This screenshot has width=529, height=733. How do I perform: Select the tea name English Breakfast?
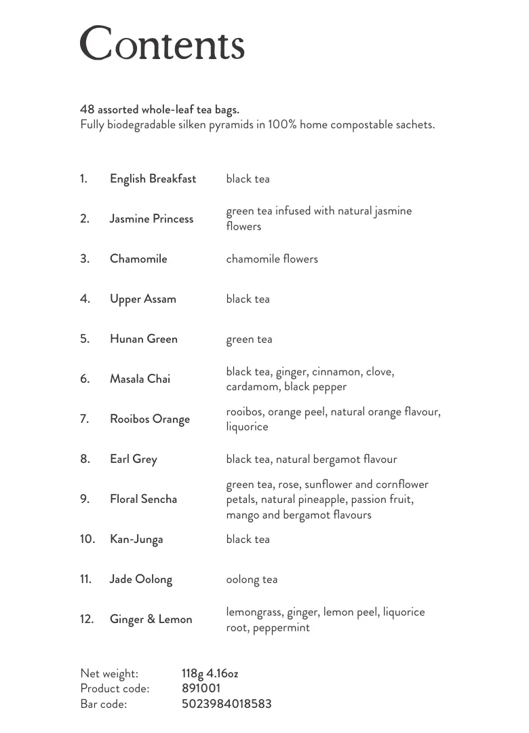click(x=153, y=179)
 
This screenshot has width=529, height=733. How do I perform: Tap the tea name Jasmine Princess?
click(x=151, y=219)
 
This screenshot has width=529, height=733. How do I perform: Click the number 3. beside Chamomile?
click(x=85, y=259)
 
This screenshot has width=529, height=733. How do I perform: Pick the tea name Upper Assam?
click(x=142, y=299)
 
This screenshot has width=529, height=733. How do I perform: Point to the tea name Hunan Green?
click(x=143, y=339)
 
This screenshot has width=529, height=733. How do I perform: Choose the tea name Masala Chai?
click(x=140, y=379)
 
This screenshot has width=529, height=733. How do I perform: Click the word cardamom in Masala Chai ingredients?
click(x=252, y=387)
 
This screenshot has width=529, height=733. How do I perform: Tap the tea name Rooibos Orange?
click(x=149, y=419)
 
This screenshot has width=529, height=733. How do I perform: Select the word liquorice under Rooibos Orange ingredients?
click(x=247, y=427)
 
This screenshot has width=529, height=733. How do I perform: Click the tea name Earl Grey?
click(x=133, y=459)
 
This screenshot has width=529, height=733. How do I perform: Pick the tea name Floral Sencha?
click(x=143, y=499)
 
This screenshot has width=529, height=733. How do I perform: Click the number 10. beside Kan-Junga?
click(x=87, y=539)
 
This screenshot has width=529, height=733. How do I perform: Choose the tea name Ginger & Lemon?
click(x=151, y=619)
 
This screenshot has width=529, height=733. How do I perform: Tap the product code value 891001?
click(x=201, y=688)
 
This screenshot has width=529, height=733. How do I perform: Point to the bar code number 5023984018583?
click(x=227, y=704)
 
